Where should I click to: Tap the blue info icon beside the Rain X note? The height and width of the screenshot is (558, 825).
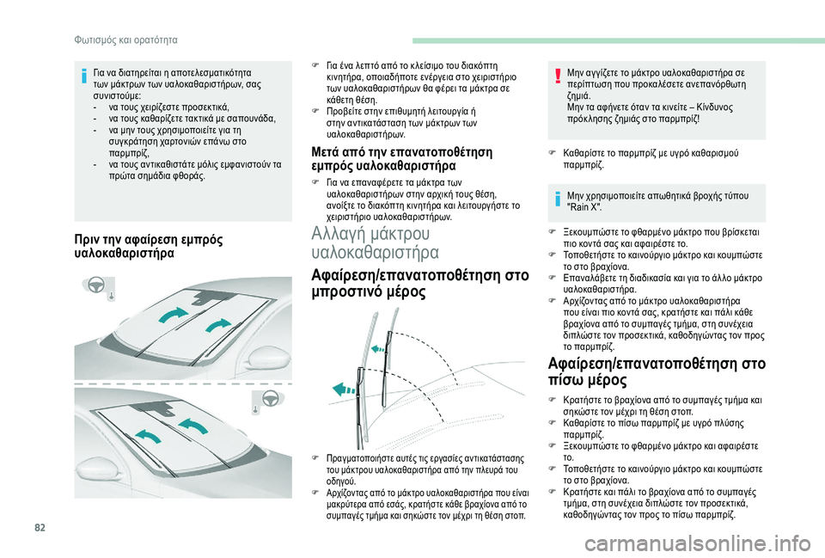click(x=559, y=200)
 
